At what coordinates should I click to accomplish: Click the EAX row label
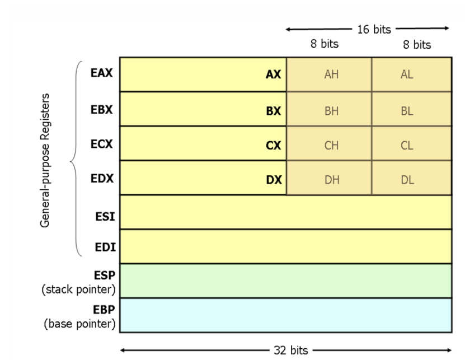tap(101, 73)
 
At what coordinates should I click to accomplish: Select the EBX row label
tap(101, 109)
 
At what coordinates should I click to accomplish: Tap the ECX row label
tap(101, 143)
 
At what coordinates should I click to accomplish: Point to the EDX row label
tap(101, 178)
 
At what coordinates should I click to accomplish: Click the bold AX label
tap(274, 75)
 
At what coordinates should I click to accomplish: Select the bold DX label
tap(274, 179)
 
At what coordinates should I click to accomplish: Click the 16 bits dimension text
tap(374, 29)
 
